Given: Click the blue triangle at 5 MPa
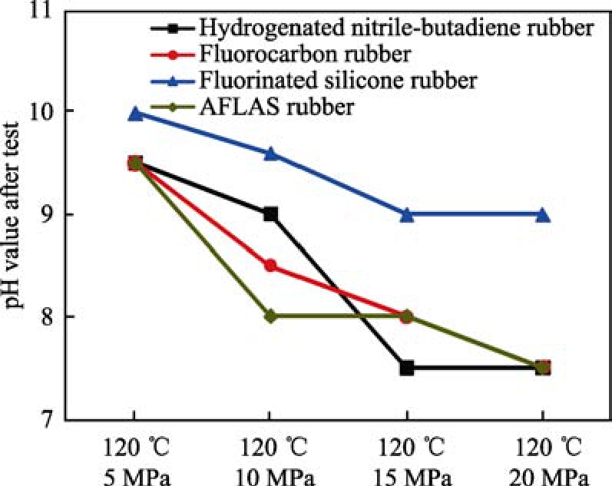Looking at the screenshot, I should [135, 114].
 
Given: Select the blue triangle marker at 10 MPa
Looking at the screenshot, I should [270, 154].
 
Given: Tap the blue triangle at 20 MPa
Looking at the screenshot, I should [542, 215].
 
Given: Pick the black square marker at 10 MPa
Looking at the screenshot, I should [270, 214].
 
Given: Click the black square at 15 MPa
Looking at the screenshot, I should [407, 368].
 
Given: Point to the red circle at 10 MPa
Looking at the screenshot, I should [270, 266].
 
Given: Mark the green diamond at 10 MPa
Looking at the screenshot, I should [270, 316].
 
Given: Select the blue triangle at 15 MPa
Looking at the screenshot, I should [407, 215].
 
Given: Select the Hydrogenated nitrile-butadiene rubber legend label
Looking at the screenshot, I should [395, 29].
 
